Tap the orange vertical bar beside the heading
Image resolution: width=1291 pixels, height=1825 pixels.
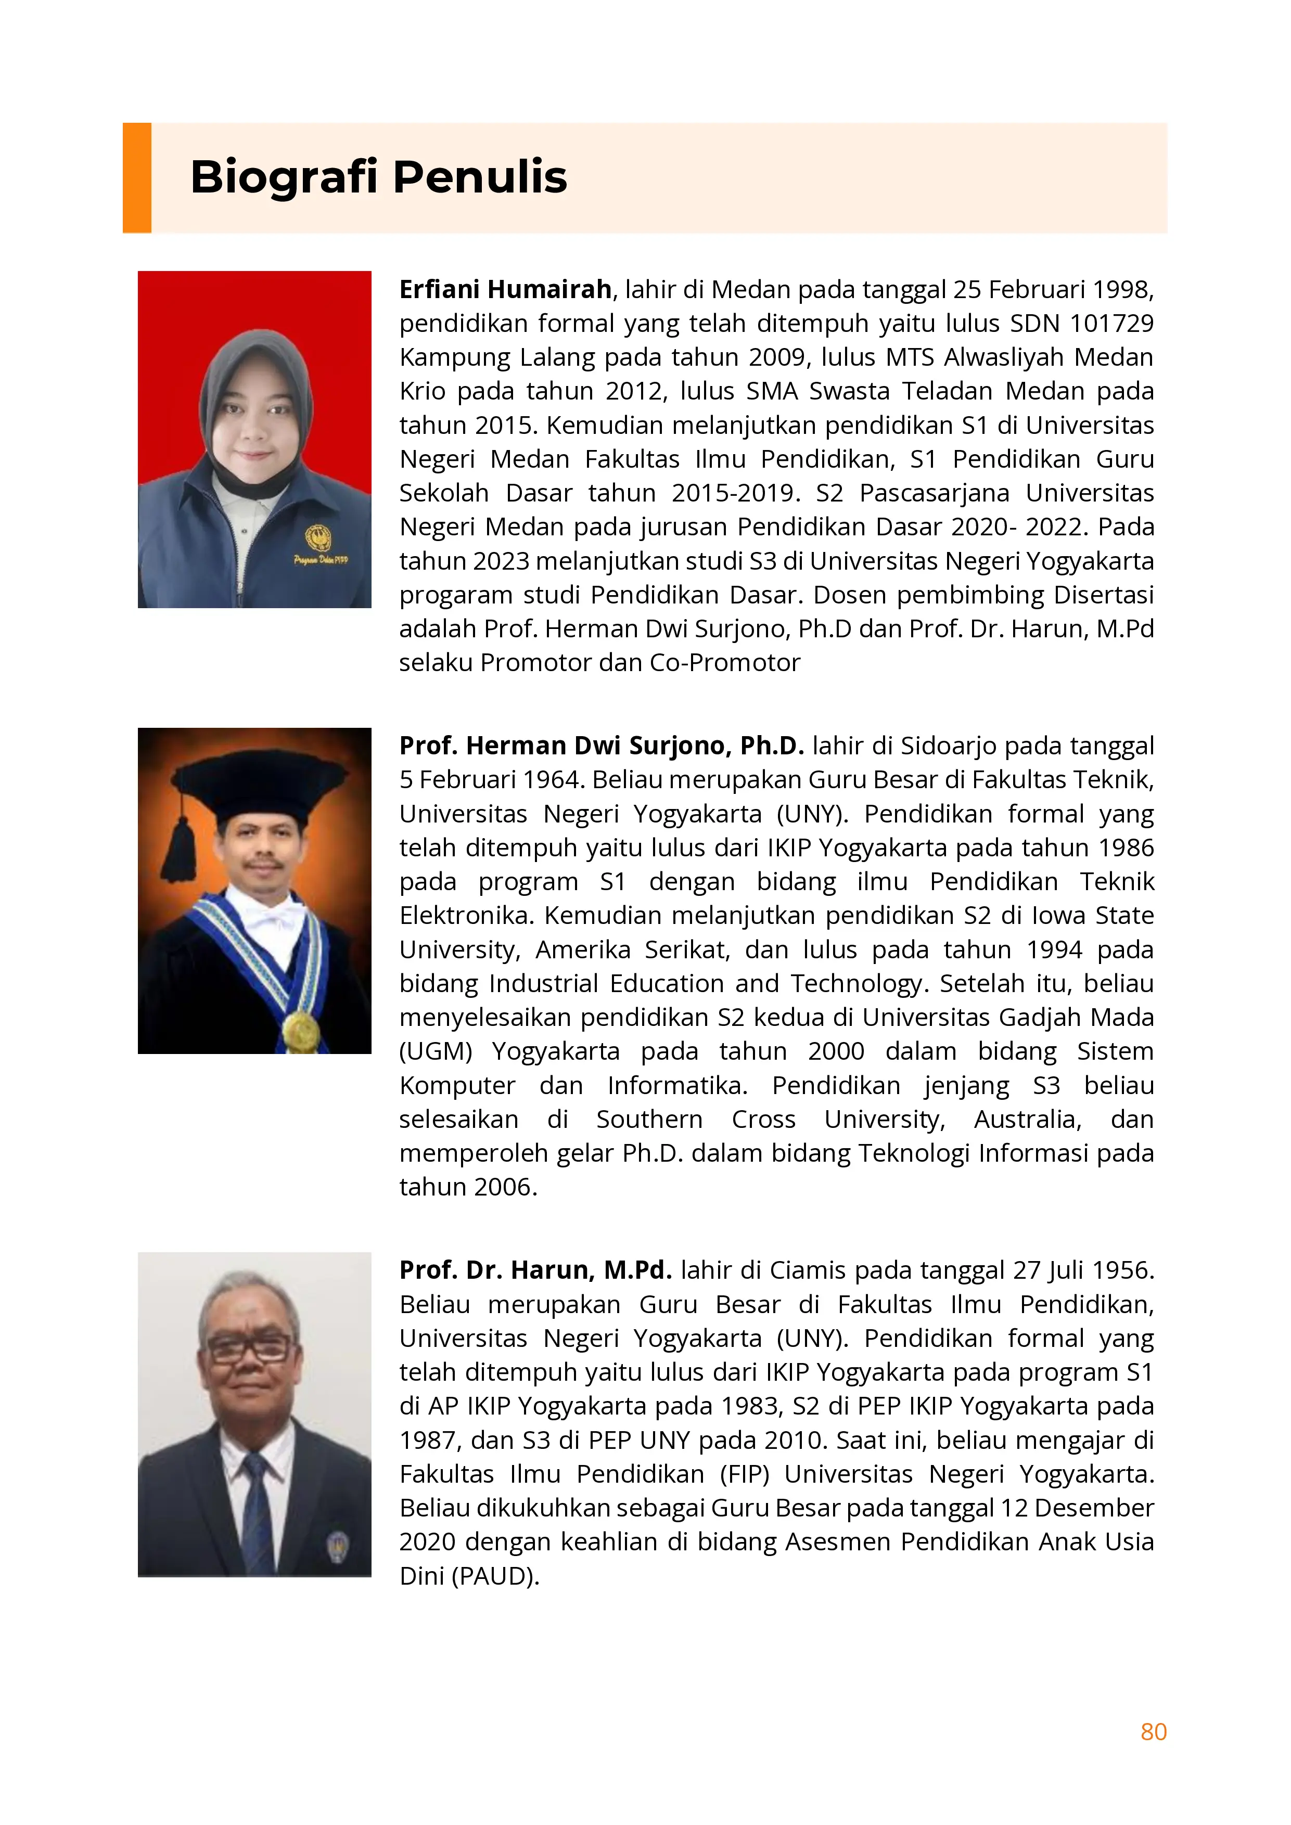pyautogui.click(x=137, y=177)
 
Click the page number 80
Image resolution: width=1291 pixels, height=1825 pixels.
pyautogui.click(x=1153, y=1731)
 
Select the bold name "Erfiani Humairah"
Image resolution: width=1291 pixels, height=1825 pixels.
pyautogui.click(x=505, y=289)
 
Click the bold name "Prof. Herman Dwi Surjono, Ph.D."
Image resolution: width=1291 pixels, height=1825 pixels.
pyautogui.click(x=601, y=746)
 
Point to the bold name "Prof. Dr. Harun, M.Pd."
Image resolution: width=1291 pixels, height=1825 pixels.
pyautogui.click(x=535, y=1270)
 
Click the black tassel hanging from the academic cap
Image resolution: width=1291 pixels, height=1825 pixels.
pyautogui.click(x=179, y=851)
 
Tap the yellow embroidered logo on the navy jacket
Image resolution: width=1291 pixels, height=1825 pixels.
pyautogui.click(x=319, y=539)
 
